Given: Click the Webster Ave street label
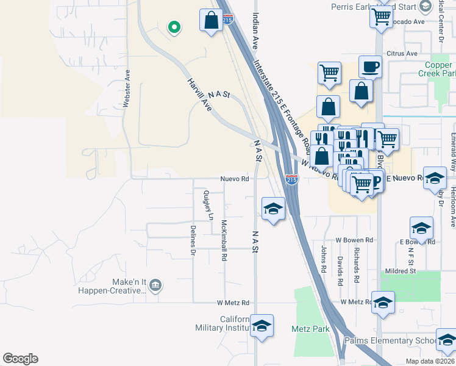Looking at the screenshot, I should tap(127, 88).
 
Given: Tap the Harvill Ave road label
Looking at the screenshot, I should tap(199, 95).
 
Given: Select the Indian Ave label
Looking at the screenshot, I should tap(255, 30).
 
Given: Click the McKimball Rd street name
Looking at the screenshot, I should tap(224, 240).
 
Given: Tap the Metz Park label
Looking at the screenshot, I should tap(310, 329).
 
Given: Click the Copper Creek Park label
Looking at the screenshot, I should tap(433, 69).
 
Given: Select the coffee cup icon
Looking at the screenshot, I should tap(370, 66).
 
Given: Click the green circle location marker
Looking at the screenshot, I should tap(174, 27).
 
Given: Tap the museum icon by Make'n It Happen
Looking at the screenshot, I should tap(155, 285).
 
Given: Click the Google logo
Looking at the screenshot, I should tap(20, 359).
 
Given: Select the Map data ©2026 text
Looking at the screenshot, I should tap(430, 361).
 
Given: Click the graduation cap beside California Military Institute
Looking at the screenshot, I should tap(262, 327).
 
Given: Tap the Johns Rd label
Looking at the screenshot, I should tap(322, 259).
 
